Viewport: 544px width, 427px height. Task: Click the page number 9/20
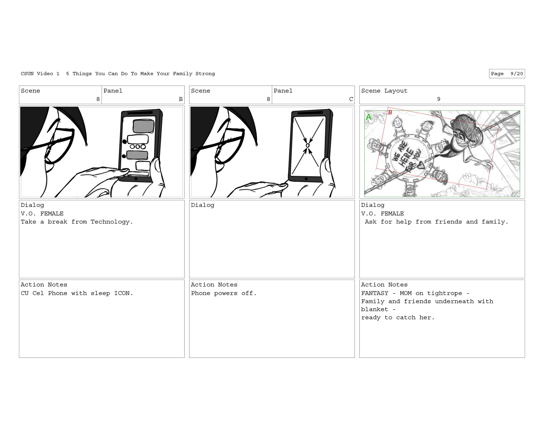point(517,74)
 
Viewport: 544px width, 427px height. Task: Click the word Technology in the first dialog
point(110,222)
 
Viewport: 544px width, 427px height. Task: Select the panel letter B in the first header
point(181,99)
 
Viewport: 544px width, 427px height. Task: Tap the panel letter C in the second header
point(351,99)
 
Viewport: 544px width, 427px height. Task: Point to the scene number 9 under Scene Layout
point(439,99)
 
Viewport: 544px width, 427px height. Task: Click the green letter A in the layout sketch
point(368,117)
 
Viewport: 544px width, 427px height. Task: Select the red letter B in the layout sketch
point(390,112)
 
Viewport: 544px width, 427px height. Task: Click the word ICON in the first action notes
point(122,293)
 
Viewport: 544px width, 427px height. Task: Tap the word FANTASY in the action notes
point(375,293)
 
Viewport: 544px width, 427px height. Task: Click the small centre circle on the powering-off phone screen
point(307,145)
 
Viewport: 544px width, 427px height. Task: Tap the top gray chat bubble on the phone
point(144,126)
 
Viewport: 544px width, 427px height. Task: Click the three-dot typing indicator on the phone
point(138,147)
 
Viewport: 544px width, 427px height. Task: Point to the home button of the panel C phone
point(306,179)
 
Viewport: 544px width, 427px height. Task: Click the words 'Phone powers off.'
point(224,293)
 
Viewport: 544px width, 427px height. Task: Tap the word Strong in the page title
point(205,74)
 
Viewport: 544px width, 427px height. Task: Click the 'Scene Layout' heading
point(384,91)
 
